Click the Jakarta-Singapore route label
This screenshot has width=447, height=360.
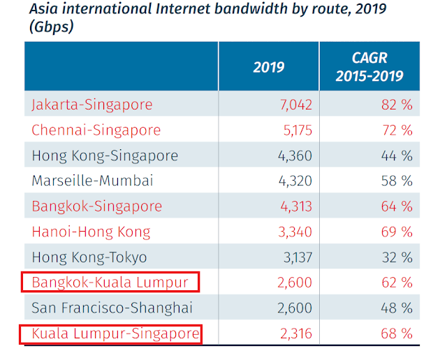pos(91,105)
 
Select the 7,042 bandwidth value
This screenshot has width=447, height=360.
pos(296,105)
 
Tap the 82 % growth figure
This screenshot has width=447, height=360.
pos(397,105)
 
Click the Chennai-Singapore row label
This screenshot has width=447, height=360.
pos(96,130)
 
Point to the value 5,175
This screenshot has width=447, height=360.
pos(298,130)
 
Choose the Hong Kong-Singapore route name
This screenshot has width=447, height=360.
pos(105,156)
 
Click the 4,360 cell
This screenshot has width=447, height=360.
pos(295,156)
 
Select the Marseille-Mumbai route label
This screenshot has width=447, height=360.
pos(92,181)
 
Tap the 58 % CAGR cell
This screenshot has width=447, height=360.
pos(397,181)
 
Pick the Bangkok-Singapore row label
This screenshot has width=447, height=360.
pos(96,207)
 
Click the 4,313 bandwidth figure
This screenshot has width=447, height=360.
pos(296,207)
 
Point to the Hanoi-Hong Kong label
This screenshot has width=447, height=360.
pos(91,232)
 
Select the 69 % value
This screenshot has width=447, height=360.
pos(397,232)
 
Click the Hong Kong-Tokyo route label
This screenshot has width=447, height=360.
pos(89,257)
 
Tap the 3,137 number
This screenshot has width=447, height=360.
pos(298,257)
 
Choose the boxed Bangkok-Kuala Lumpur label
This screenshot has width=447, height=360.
pos(110,283)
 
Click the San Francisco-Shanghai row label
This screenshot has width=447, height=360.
pos(112,308)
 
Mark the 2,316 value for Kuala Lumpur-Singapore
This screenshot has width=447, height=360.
pos(296,333)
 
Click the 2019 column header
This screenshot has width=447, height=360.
pos(268,67)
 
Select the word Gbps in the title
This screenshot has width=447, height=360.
pos(52,27)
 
